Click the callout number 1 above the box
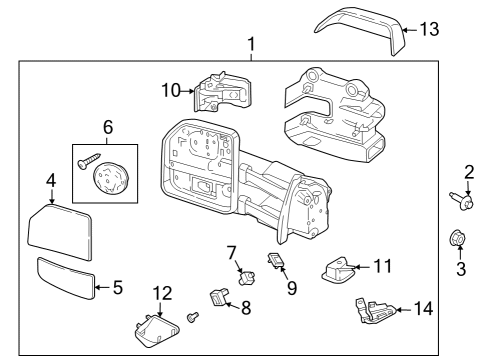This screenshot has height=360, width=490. pyautogui.click(x=250, y=45)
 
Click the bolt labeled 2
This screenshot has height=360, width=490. pyautogui.click(x=465, y=204)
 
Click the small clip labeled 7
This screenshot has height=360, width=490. pyautogui.click(x=240, y=271)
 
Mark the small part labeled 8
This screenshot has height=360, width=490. pyautogui.click(x=216, y=298)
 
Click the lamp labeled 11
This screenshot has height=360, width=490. pyautogui.click(x=339, y=269)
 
